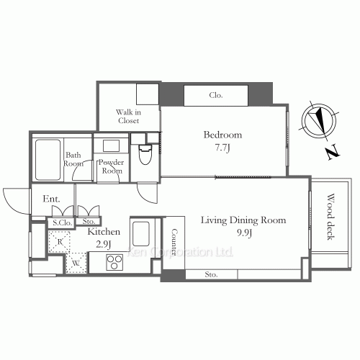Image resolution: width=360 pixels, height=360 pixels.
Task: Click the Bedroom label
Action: (x=222, y=135)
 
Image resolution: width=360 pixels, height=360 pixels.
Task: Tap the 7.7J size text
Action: (x=222, y=148)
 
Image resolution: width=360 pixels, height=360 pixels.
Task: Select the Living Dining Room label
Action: (x=243, y=220)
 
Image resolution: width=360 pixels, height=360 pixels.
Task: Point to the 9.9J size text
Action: (x=244, y=233)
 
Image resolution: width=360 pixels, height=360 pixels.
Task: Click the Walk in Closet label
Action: (x=128, y=116)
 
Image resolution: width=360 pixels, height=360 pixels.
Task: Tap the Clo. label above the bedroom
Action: (x=216, y=95)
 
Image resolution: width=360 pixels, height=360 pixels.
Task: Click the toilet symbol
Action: (x=145, y=154)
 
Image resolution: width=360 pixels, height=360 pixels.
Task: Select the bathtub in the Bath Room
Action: (x=48, y=160)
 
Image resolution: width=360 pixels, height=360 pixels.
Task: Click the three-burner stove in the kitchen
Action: (x=114, y=262)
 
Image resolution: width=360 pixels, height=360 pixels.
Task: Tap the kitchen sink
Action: (x=141, y=234)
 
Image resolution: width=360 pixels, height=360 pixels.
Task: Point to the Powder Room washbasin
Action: (x=111, y=145)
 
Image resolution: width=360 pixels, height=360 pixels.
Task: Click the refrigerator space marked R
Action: (x=59, y=242)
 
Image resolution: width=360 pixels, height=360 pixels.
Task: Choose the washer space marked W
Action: (x=76, y=263)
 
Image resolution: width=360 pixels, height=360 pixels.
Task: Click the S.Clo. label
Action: (x=63, y=223)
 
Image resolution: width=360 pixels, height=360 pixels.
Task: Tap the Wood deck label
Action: (x=330, y=217)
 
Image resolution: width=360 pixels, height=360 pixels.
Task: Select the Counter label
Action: (x=174, y=242)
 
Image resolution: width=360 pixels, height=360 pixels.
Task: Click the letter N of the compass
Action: (x=333, y=152)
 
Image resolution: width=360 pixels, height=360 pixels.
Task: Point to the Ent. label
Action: (x=51, y=199)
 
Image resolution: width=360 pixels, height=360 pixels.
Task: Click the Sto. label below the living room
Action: (x=211, y=274)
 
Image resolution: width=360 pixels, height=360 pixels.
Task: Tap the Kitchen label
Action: (x=104, y=232)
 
